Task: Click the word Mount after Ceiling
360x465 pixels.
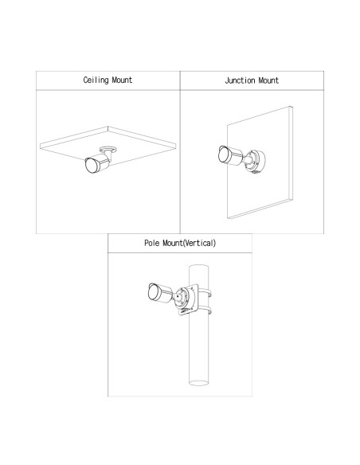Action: tap(122, 80)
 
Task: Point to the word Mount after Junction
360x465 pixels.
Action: tap(268, 80)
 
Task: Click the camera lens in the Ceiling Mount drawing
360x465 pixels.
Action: tap(92, 166)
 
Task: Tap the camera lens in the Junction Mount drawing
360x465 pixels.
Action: tap(224, 154)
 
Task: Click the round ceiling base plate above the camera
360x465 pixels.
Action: tap(108, 150)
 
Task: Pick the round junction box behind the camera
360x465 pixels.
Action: tap(256, 162)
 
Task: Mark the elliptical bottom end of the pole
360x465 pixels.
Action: tap(198, 383)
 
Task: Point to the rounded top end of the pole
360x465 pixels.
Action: tap(198, 267)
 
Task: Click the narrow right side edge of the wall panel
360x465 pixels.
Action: tap(292, 154)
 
